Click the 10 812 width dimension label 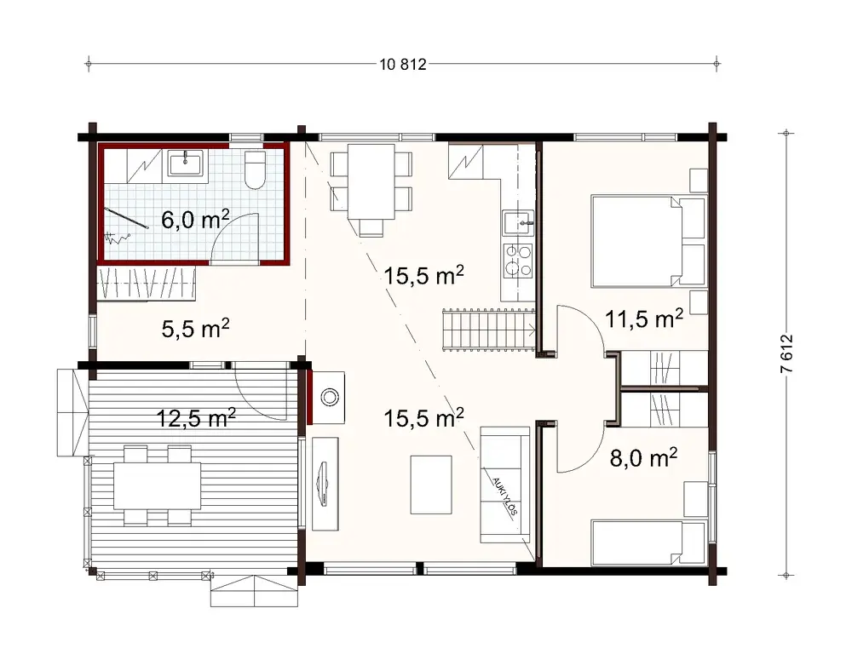pos(400,64)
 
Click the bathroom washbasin pos(184,162)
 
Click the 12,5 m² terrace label pos(196,417)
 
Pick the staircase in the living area pos(487,330)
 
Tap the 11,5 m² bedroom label pos(644,319)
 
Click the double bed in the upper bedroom pos(648,241)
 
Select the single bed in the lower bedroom pos(648,542)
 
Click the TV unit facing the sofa pos(324,484)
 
